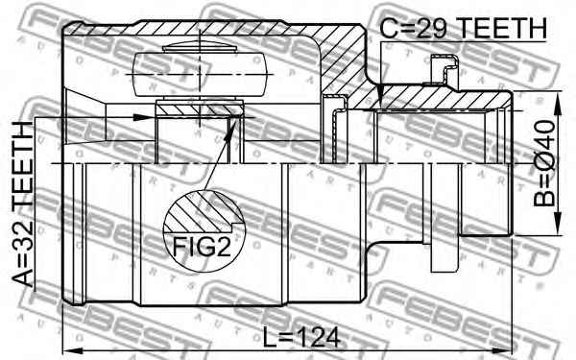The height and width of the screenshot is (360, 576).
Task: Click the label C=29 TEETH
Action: (464, 28)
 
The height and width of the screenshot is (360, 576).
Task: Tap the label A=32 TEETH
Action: (23, 204)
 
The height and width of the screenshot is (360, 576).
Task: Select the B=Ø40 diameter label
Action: (544, 163)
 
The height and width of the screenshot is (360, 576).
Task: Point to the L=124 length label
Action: (301, 337)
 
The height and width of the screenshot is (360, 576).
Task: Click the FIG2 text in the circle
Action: (202, 247)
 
